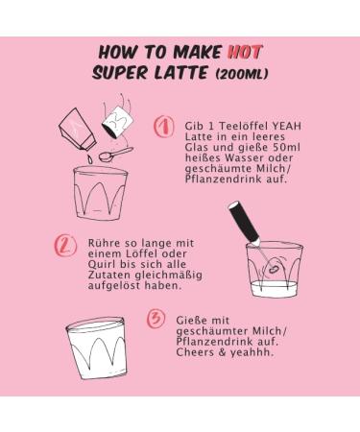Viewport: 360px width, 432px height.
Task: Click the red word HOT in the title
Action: [x=245, y=52]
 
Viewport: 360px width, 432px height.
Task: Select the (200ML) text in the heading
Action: [x=242, y=74]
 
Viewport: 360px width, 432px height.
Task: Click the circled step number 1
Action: [x=164, y=127]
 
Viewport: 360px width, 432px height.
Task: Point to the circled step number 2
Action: [x=65, y=246]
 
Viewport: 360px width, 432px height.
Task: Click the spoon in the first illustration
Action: [x=115, y=154]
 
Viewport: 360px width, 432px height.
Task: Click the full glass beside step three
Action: [x=96, y=348]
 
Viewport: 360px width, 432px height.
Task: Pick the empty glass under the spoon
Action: [x=100, y=193]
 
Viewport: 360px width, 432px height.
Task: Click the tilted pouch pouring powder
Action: [x=78, y=130]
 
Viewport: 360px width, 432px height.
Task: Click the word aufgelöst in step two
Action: [x=114, y=285]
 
